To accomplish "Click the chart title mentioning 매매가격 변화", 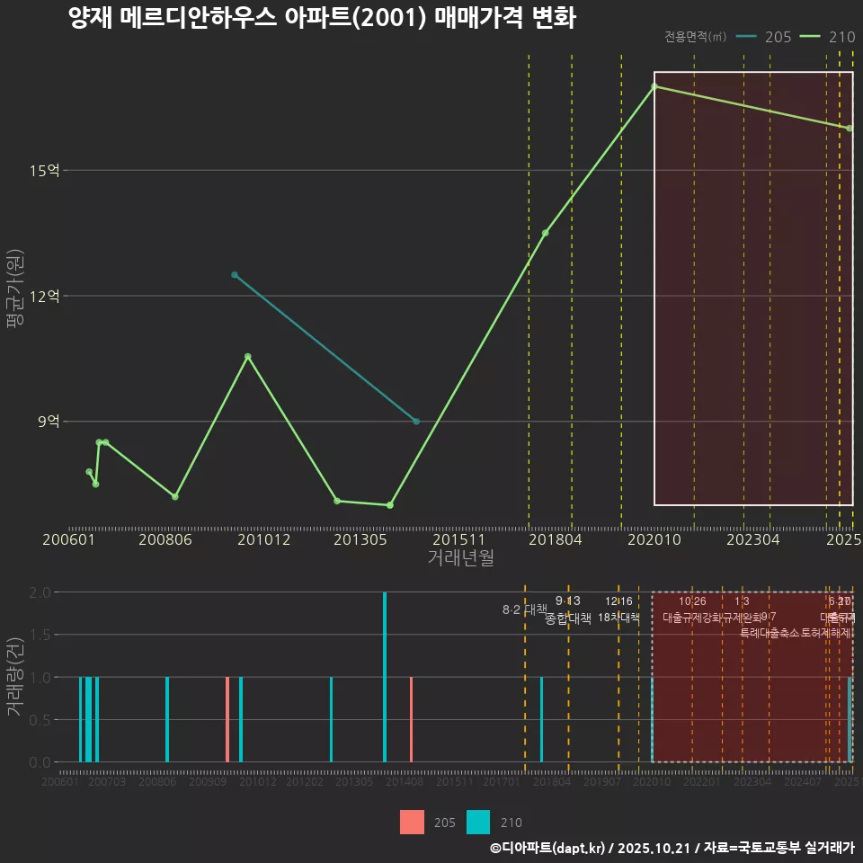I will click(x=322, y=18).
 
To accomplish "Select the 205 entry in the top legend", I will click(x=763, y=37).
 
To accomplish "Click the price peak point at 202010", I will click(x=654, y=86).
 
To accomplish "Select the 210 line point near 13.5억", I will click(x=545, y=233).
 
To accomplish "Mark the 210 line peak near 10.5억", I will click(x=248, y=357).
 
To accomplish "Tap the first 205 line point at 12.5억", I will click(x=235, y=275).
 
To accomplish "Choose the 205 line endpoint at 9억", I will click(x=416, y=422).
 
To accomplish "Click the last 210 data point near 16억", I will click(x=849, y=129).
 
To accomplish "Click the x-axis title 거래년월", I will click(x=460, y=558).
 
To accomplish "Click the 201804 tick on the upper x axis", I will click(x=555, y=539).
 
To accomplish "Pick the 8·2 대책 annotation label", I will click(x=523, y=609).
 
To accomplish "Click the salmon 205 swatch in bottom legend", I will click(x=412, y=822).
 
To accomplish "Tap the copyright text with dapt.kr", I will click(x=672, y=848).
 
